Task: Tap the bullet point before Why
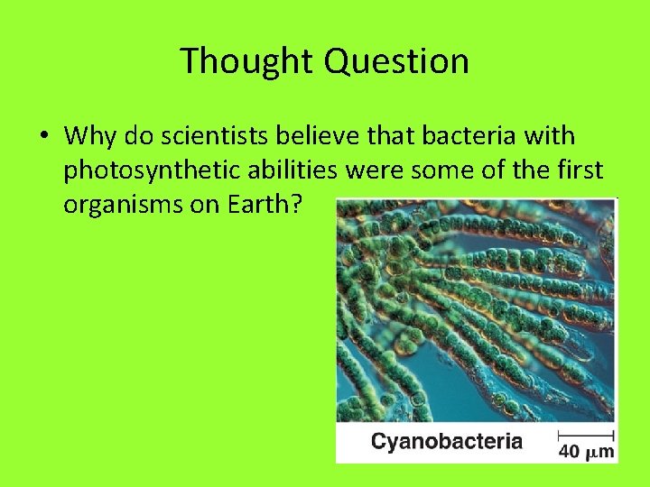(43, 137)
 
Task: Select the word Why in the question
(90, 136)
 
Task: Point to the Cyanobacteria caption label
(447, 442)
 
